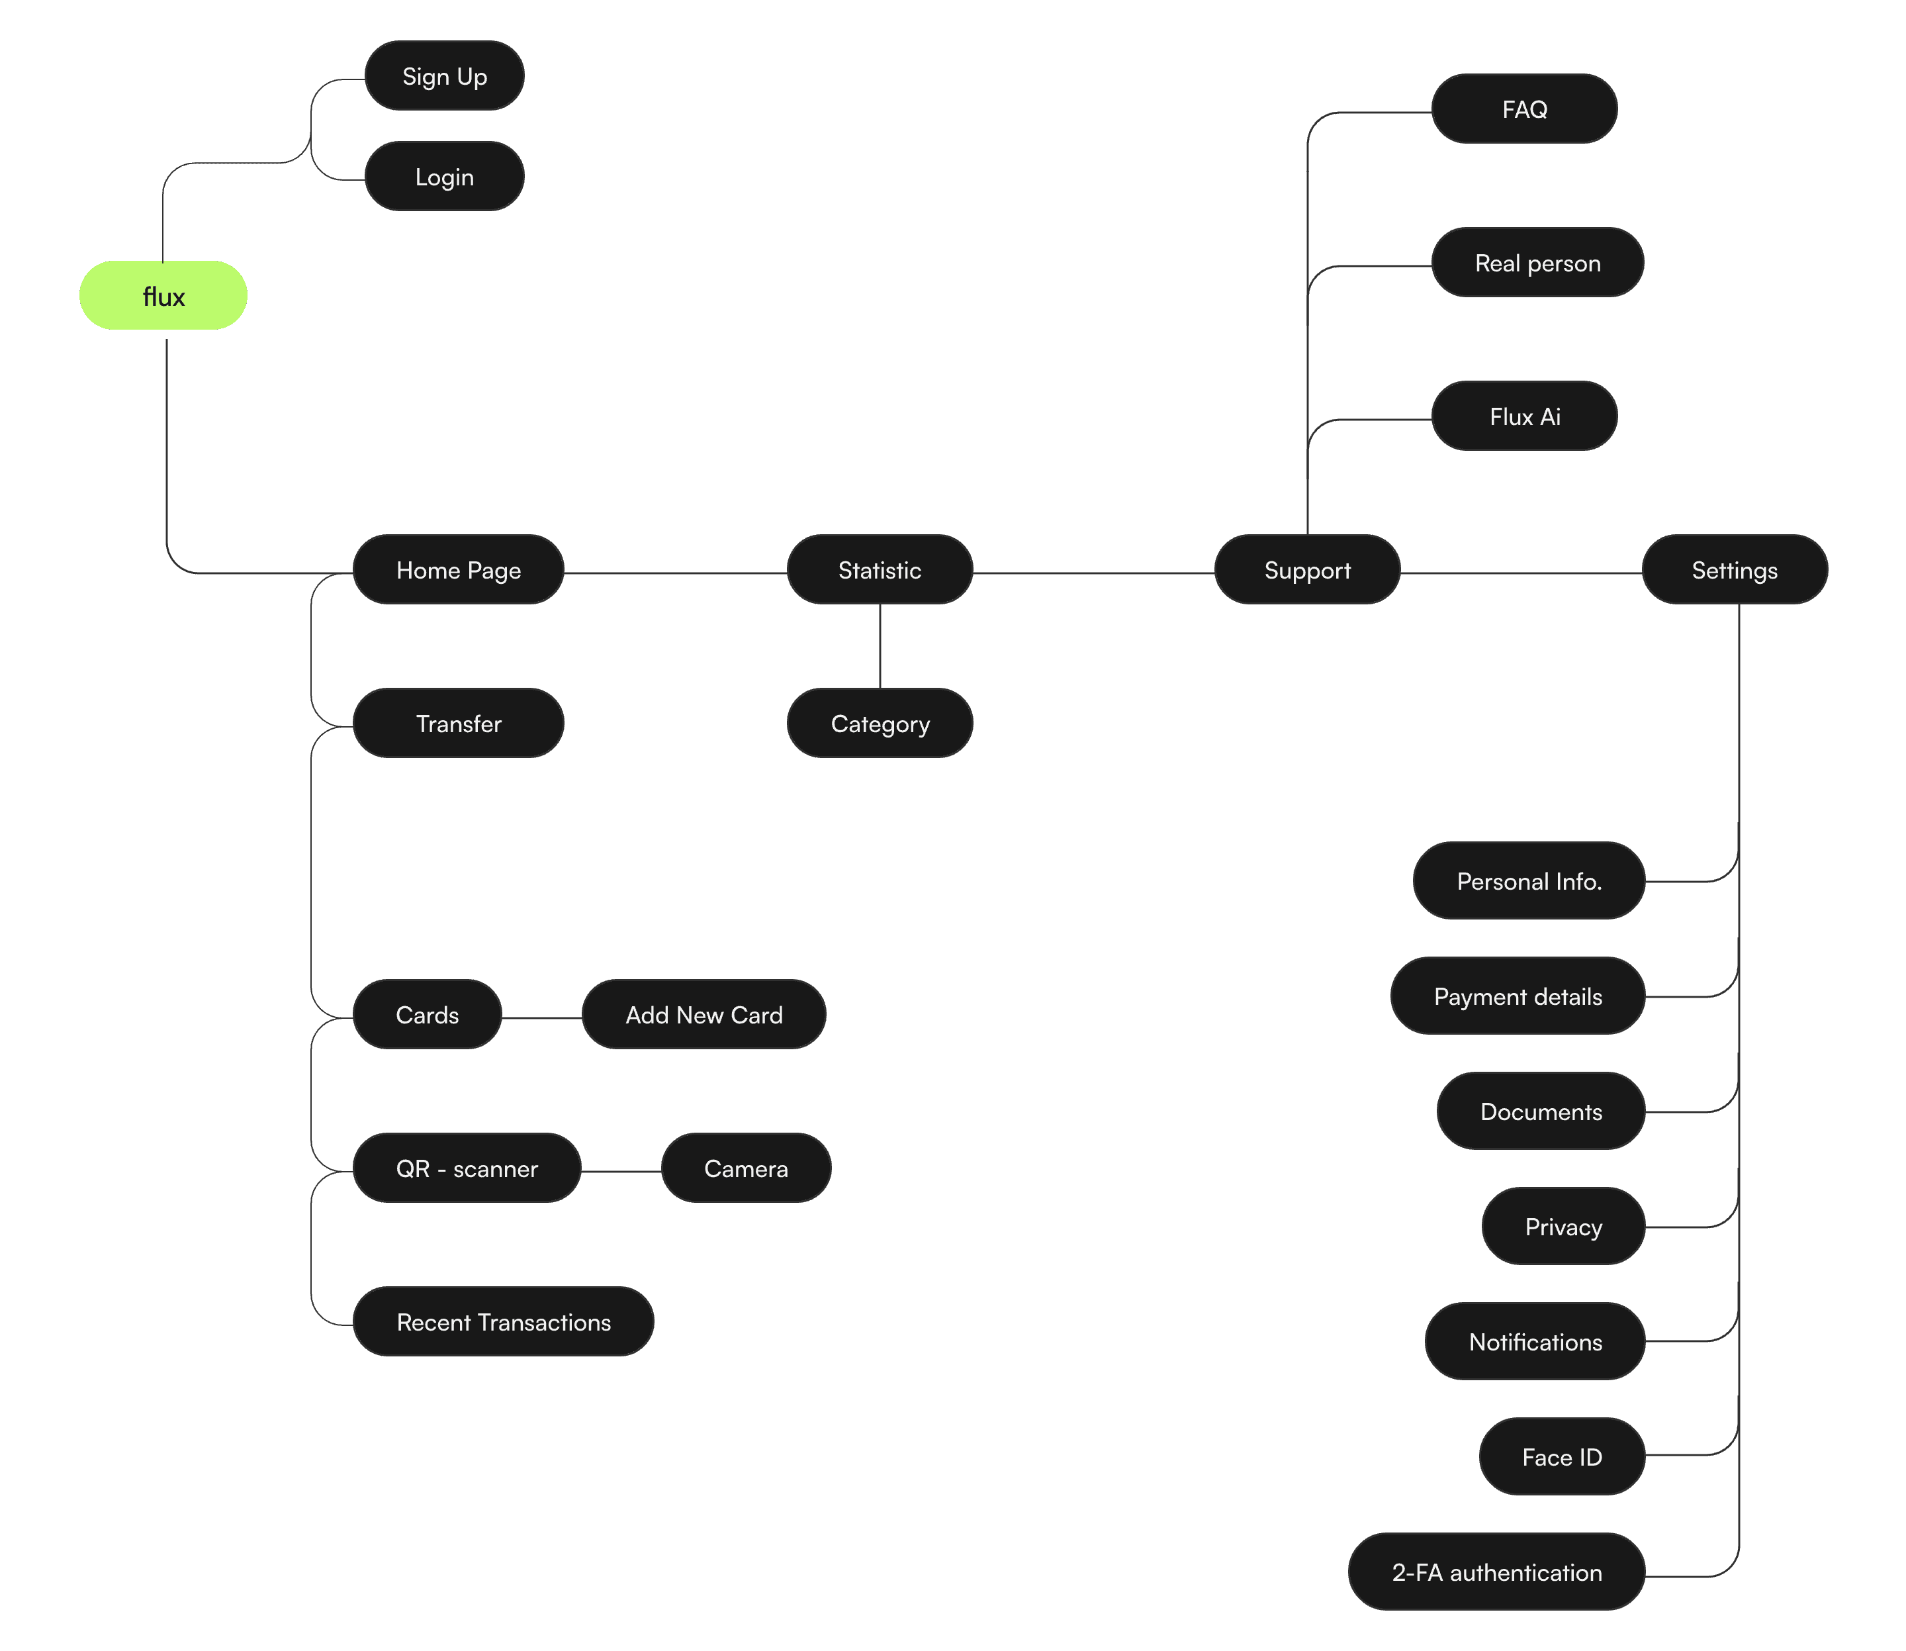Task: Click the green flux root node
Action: coord(163,296)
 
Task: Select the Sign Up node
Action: coord(444,77)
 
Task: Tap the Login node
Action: coord(444,177)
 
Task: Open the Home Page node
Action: coord(458,570)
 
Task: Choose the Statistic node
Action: coord(880,570)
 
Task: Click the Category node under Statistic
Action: coord(880,724)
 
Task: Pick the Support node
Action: coord(1307,570)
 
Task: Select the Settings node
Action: coord(1735,570)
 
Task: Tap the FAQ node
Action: coord(1525,110)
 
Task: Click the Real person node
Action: coord(1537,263)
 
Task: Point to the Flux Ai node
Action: coord(1525,416)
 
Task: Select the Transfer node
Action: coord(458,724)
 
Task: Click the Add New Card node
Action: coord(703,1015)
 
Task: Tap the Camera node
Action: coord(747,1168)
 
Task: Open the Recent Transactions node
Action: coord(503,1322)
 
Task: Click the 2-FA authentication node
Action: coord(1496,1573)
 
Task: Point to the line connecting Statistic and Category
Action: coord(880,647)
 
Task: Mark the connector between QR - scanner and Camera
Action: coord(621,1172)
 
